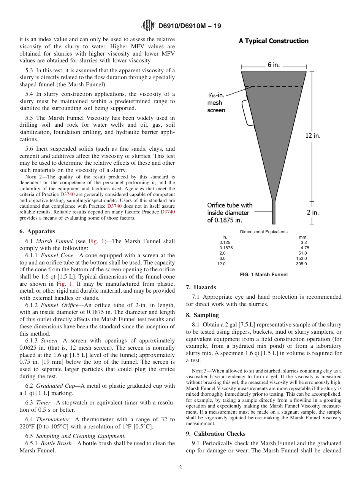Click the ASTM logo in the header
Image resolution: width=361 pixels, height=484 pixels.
click(x=148, y=25)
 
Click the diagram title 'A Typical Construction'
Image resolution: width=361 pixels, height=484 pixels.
click(x=273, y=41)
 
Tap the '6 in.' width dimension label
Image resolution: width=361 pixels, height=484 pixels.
click(x=274, y=65)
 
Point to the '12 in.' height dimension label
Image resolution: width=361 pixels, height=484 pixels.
click(x=313, y=135)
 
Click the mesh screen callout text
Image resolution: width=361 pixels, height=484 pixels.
click(x=216, y=103)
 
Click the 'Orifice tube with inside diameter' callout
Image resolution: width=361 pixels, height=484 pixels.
click(x=230, y=212)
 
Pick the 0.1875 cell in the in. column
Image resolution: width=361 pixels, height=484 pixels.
click(x=226, y=248)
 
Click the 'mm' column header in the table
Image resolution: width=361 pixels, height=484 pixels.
click(x=302, y=237)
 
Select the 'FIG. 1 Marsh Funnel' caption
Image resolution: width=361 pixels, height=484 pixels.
click(x=263, y=275)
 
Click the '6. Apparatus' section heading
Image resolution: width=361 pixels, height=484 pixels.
click(x=37, y=231)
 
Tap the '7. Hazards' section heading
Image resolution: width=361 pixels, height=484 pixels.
click(x=201, y=287)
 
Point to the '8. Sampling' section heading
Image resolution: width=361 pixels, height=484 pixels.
click(x=202, y=315)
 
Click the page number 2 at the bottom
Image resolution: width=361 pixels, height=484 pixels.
click(x=180, y=468)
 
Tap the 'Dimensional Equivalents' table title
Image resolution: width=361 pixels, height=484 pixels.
click(x=264, y=232)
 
